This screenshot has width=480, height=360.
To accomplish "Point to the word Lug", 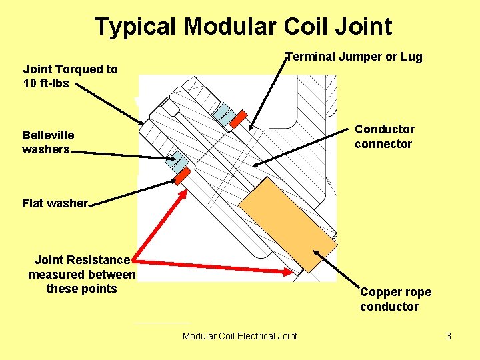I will (411, 57).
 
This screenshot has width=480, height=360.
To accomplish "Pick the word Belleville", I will (48, 135).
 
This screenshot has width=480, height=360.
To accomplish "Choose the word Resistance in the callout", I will (101, 260).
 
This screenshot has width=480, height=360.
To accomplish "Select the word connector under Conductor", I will (383, 144).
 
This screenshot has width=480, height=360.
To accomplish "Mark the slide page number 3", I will (449, 336).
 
